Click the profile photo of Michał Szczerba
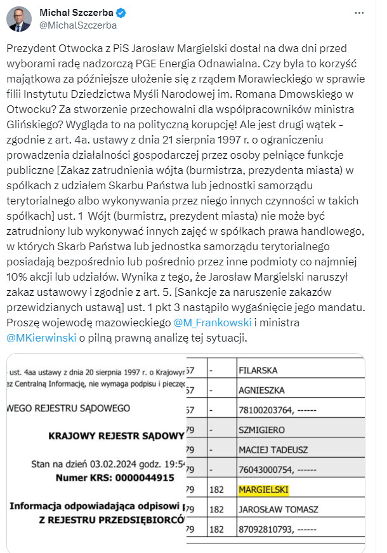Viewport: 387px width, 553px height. (x=19, y=20)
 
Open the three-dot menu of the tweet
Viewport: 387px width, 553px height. (x=361, y=13)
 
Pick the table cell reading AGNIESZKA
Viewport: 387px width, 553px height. (x=262, y=389)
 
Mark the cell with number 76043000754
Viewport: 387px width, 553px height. (x=276, y=470)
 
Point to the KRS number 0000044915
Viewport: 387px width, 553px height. (x=147, y=476)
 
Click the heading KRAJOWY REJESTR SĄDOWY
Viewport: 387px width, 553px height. (x=117, y=436)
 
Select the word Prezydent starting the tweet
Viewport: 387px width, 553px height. (x=30, y=49)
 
